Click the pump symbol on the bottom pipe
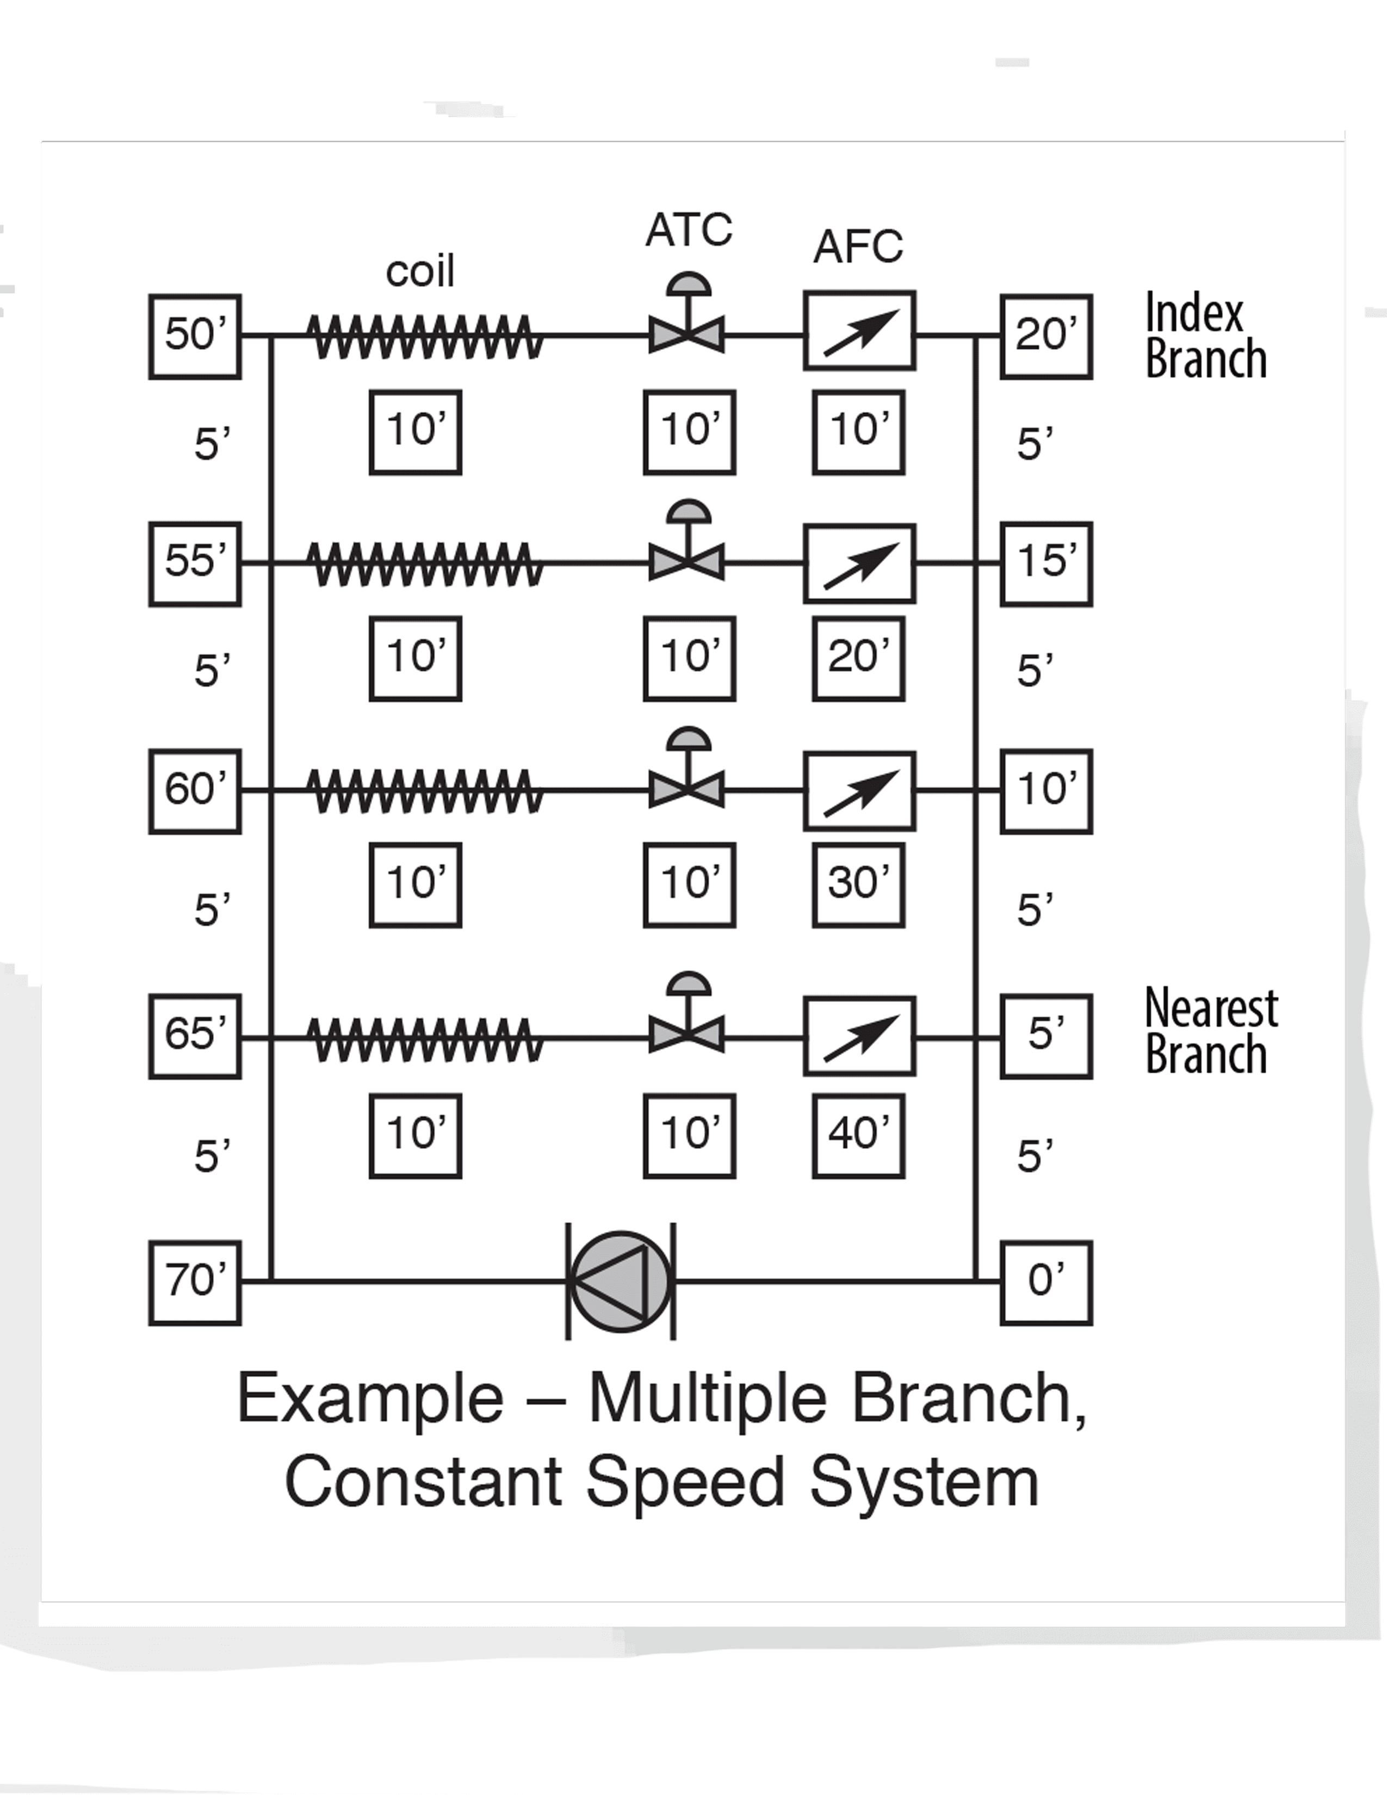621,1280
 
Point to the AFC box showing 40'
859,1136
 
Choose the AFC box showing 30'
859,884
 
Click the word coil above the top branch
420,271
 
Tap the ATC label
689,230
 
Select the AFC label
859,246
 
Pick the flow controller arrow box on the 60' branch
859,790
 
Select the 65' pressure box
195,1036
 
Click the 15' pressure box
1046,563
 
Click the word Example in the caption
370,1398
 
